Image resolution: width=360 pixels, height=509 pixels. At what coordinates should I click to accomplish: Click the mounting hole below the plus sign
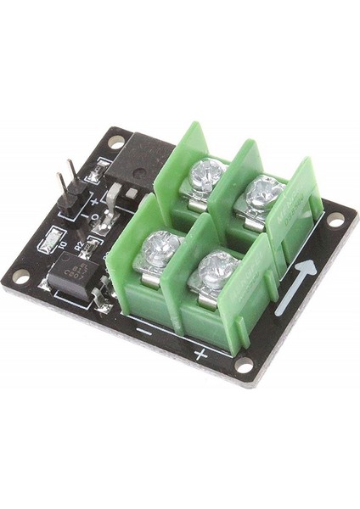244,365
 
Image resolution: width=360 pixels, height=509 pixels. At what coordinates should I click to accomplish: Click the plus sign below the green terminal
200,352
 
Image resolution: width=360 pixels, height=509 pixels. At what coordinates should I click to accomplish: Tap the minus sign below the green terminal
143,332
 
